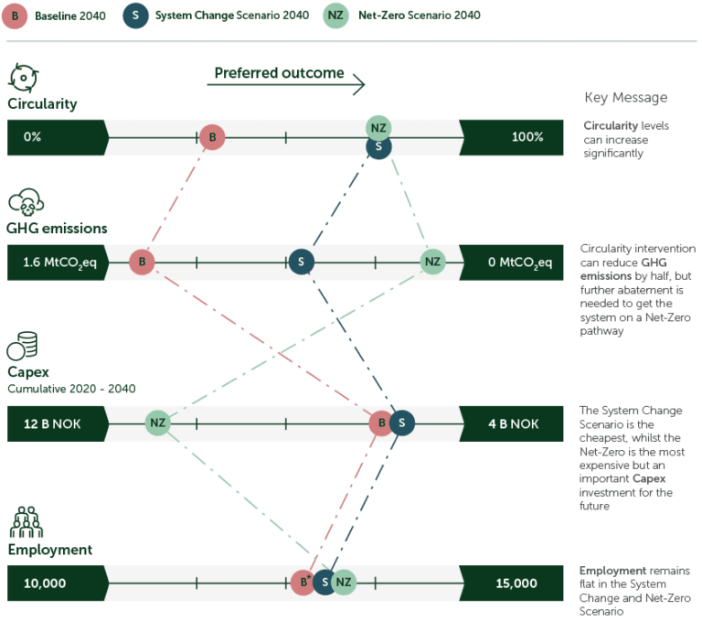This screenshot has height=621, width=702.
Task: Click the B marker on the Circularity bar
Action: pyautogui.click(x=211, y=138)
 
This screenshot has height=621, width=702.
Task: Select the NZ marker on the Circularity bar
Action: pyautogui.click(x=378, y=127)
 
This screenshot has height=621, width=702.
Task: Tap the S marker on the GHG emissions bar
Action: pyautogui.click(x=301, y=262)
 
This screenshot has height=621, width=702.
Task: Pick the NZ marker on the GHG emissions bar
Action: pyautogui.click(x=431, y=262)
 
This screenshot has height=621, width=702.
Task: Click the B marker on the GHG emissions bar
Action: pyautogui.click(x=141, y=262)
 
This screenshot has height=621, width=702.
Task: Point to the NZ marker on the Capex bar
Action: pyautogui.click(x=157, y=423)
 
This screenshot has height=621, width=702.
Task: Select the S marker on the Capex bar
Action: pyautogui.click(x=401, y=423)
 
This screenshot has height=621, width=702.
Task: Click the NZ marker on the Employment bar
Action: pyautogui.click(x=343, y=583)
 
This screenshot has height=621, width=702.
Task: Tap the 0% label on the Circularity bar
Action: pyautogui.click(x=33, y=137)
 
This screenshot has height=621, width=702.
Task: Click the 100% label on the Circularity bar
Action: pyautogui.click(x=527, y=137)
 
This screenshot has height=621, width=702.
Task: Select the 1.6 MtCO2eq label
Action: pyautogui.click(x=54, y=263)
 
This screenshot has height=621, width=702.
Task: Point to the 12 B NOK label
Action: pyautogui.click(x=47, y=423)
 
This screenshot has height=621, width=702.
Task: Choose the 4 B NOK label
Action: pyautogui.click(x=513, y=423)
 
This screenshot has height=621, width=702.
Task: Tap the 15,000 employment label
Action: pyautogui.click(x=516, y=583)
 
